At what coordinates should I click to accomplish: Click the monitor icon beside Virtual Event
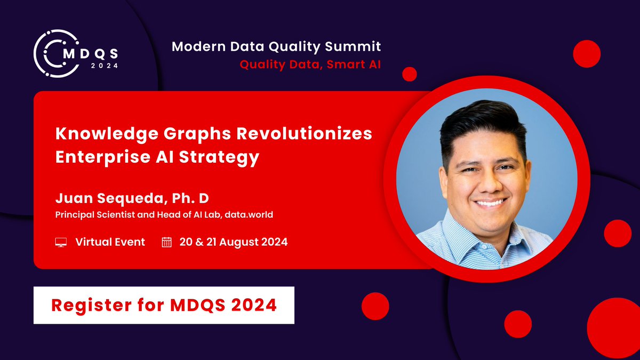[x=61, y=243]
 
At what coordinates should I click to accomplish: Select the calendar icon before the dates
[x=167, y=243]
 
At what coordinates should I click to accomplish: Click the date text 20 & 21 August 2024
[x=234, y=242]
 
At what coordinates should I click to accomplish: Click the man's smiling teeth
[x=490, y=202]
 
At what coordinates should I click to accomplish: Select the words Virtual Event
[x=110, y=242]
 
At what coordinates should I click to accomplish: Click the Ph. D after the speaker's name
[x=190, y=199]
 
